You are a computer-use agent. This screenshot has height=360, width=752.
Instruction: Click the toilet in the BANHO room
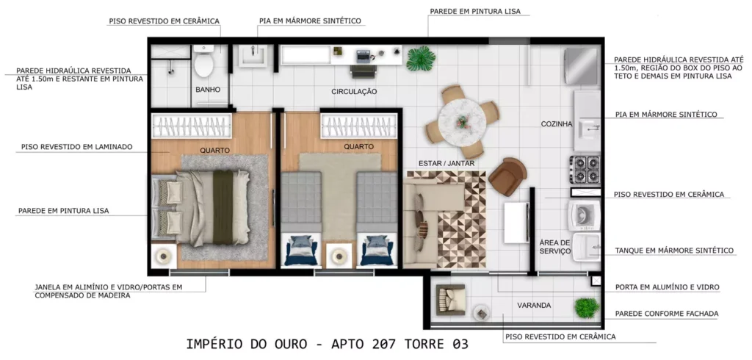(x=204, y=62)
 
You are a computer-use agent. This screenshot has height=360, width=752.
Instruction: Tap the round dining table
(x=462, y=121)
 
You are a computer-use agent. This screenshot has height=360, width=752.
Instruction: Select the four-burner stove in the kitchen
(x=585, y=170)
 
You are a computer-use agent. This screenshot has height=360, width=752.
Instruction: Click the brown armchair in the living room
(x=507, y=176)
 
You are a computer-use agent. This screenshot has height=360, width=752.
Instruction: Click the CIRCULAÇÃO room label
(x=354, y=92)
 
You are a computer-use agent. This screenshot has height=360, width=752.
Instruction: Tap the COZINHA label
(x=557, y=124)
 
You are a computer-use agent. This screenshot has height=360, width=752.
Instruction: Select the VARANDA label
(x=534, y=306)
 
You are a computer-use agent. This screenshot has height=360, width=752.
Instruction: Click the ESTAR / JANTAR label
(x=446, y=164)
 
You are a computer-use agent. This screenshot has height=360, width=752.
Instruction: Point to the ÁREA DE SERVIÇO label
(x=555, y=247)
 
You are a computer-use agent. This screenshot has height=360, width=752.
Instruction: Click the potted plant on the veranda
(x=587, y=308)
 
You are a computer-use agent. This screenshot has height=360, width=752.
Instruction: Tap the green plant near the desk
(x=421, y=59)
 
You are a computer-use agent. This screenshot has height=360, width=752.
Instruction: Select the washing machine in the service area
(x=584, y=214)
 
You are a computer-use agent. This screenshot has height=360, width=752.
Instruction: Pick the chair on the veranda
(x=450, y=298)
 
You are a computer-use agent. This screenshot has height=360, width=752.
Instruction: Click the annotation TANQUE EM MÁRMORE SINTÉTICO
(x=674, y=251)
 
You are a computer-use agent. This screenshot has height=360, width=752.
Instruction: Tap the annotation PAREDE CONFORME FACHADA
(x=667, y=314)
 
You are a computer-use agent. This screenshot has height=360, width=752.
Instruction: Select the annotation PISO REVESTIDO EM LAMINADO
(x=76, y=147)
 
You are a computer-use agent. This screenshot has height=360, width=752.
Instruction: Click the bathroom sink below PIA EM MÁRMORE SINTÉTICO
(x=253, y=55)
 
